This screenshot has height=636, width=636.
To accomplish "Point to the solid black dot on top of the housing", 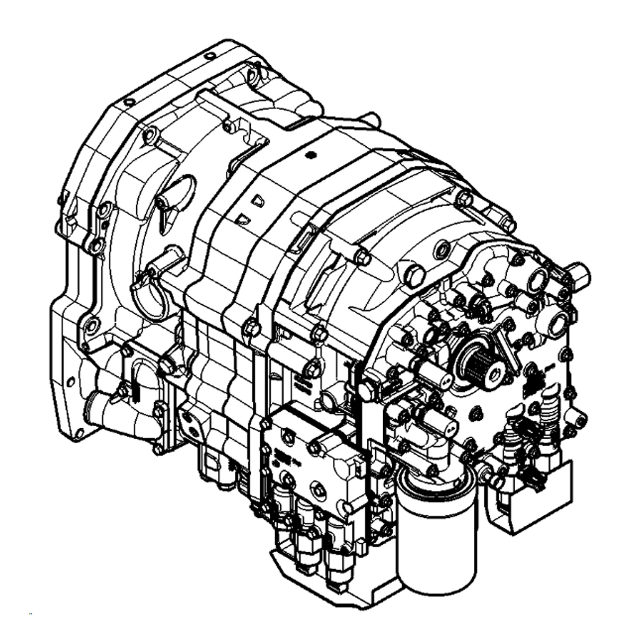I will click(x=311, y=155).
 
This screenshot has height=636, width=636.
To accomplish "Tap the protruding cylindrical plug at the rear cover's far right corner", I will click(x=578, y=275).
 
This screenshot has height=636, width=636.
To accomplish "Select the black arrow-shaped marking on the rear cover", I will click(x=531, y=379).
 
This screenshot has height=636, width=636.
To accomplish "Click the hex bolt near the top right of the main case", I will click(x=464, y=199).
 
